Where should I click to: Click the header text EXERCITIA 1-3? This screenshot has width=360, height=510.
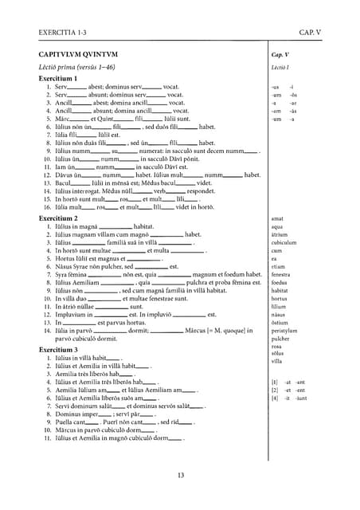tap(63, 32)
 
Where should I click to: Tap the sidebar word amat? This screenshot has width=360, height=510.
tap(277, 218)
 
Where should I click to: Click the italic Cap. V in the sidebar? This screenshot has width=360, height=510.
tap(280, 55)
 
